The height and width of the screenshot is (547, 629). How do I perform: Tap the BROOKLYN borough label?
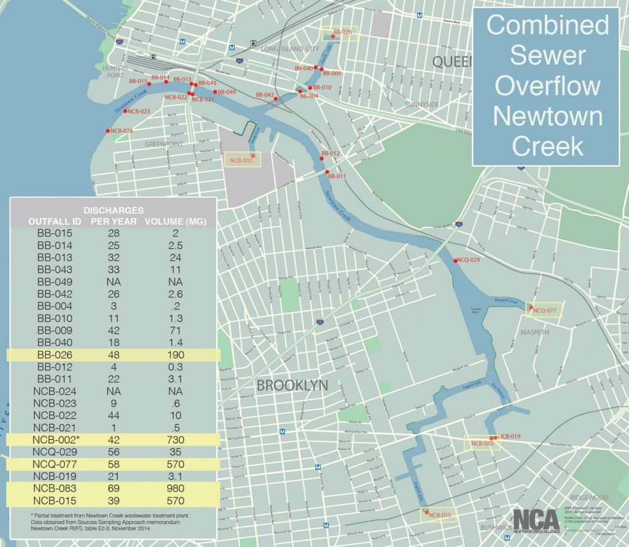pyautogui.click(x=292, y=386)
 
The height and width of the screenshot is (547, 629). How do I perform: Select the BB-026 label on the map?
pyautogui.click(x=343, y=31)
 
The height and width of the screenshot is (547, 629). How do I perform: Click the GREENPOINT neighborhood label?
pyautogui.click(x=164, y=144)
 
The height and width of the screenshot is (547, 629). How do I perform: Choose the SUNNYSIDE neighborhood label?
pyautogui.click(x=422, y=104)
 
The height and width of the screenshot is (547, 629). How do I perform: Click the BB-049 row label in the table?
pyautogui.click(x=55, y=281)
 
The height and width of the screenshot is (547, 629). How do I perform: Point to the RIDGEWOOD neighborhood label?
pyautogui.click(x=588, y=497)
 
